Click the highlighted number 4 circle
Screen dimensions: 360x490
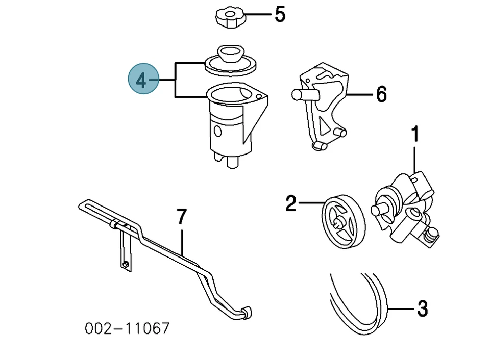143,80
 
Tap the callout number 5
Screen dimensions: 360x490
280,15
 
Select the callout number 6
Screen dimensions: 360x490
381,94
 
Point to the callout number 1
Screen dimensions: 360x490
415,135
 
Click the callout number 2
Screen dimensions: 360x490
290,204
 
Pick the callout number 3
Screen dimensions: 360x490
422,308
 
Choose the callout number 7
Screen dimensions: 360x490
182,217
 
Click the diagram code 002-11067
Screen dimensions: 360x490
127,329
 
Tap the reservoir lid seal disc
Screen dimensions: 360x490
230,61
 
